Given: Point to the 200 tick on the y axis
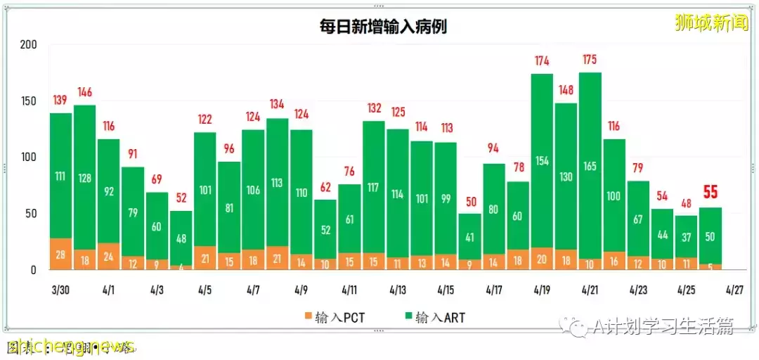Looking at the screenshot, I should click(28, 44).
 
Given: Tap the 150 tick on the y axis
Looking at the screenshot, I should click(28, 101).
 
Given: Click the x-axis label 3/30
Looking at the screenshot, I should click(60, 289).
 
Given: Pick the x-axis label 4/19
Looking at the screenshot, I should click(542, 289).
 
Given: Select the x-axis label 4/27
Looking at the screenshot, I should click(734, 289).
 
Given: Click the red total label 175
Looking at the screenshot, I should click(590, 59).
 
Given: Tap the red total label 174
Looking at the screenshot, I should click(542, 60).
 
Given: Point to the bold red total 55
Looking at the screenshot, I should click(711, 193).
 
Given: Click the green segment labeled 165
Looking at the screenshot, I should click(590, 166).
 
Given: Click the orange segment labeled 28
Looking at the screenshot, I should click(60, 254).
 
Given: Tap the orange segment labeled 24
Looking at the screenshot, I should click(108, 256).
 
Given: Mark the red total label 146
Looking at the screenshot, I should click(84, 92).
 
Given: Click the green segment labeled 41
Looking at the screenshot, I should click(469, 237).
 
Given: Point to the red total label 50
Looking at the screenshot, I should click(469, 201).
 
